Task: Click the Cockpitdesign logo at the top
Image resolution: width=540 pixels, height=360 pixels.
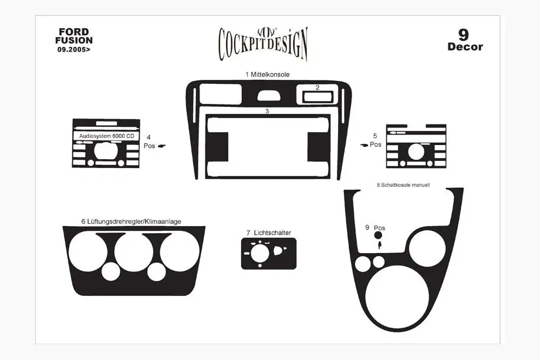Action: click(263, 43)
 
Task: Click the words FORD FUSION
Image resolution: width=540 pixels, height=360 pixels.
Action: click(74, 36)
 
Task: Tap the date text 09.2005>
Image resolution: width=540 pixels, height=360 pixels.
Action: click(74, 49)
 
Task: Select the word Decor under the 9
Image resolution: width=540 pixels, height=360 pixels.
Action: click(465, 47)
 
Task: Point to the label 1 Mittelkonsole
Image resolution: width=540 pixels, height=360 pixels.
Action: click(267, 75)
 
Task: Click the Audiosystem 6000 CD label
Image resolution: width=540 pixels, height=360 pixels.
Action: click(107, 136)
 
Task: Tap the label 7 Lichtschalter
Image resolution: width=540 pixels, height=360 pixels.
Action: click(269, 233)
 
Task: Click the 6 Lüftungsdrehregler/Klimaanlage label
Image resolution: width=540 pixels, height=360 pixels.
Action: click(131, 221)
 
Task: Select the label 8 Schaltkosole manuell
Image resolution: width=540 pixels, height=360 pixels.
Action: click(403, 185)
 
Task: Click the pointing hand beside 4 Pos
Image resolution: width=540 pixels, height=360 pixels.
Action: click(161, 146)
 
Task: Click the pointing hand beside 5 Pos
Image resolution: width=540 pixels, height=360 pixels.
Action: click(365, 145)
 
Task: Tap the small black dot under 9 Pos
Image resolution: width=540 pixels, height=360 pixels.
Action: click(378, 235)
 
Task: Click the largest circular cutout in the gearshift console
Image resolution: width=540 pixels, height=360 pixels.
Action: click(397, 297)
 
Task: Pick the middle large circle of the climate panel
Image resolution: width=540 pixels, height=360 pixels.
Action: click(134, 251)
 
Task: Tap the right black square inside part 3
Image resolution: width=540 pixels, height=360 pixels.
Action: click(319, 147)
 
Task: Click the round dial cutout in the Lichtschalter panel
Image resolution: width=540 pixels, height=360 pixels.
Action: click(260, 254)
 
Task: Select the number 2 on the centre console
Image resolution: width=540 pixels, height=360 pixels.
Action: click(318, 88)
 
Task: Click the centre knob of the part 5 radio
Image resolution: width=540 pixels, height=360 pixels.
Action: click(416, 152)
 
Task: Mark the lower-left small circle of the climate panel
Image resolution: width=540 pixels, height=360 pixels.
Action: click(110, 271)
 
